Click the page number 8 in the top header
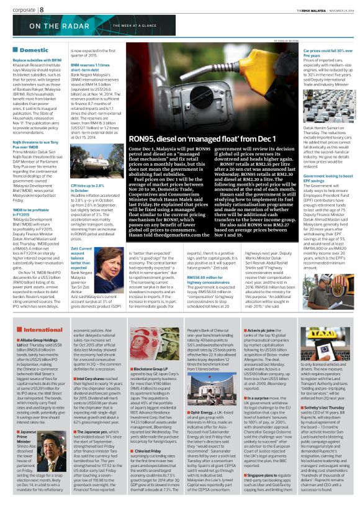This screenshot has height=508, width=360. pyautogui.click(x=41, y=9)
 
